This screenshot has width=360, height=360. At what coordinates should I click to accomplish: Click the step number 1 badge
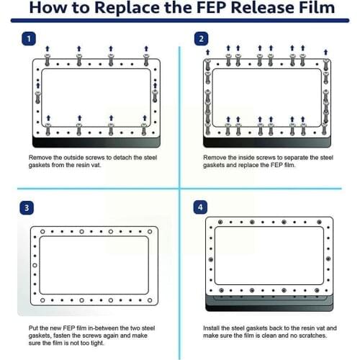pyautogui.click(x=29, y=39)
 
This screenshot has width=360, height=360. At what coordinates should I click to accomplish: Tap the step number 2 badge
pyautogui.click(x=201, y=39)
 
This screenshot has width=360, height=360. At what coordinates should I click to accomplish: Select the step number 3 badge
pyautogui.click(x=27, y=208)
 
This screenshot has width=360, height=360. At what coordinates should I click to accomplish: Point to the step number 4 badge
pyautogui.click(x=200, y=207)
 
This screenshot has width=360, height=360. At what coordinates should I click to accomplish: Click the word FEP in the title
pyautogui.click(x=212, y=8)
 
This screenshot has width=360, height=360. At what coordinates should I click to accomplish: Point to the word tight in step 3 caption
pyautogui.click(x=97, y=343)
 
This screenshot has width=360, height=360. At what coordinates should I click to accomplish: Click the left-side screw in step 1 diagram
pyautogui.click(x=37, y=97)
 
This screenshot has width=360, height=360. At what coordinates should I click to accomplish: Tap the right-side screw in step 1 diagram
pyautogui.click(x=155, y=96)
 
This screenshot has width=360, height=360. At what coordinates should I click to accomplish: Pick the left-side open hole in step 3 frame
pyautogui.click(x=35, y=266)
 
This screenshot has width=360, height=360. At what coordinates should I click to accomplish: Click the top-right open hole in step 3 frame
pyautogui.click(x=150, y=232)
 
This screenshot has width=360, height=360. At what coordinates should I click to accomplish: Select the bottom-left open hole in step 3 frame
pyautogui.click(x=42, y=300)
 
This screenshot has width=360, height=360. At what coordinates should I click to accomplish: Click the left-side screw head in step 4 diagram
pyautogui.click(x=211, y=259)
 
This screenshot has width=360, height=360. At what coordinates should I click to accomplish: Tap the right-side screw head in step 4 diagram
pyautogui.click(x=328, y=259)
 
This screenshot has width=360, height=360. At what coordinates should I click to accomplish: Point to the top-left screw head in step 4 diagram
pyautogui.click(x=220, y=222)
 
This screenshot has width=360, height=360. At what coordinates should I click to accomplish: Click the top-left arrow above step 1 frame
pyautogui.click(x=48, y=49)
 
